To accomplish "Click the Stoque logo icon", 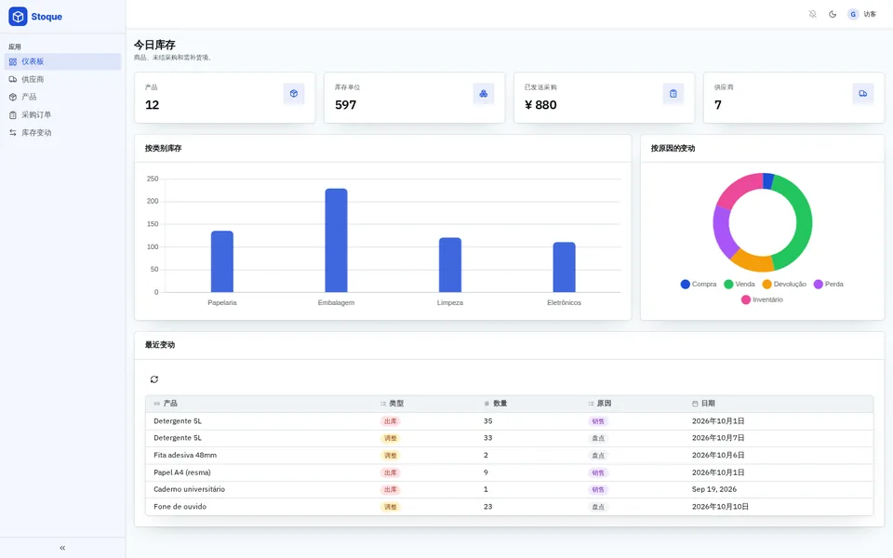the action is (18, 17).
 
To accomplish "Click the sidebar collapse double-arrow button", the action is (62, 548).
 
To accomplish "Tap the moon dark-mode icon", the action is (833, 14).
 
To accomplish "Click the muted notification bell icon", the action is (813, 14).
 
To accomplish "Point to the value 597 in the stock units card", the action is (346, 105).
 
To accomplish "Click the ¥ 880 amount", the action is (540, 105).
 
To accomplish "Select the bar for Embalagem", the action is (336, 240).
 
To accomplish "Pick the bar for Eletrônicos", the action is (565, 267).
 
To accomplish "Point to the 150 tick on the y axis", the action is (153, 224).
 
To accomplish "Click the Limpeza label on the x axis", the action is (450, 302).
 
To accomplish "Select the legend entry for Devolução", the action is (784, 285).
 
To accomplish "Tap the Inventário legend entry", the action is (762, 299).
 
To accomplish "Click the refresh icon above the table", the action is (154, 379).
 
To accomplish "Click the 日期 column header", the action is (708, 403).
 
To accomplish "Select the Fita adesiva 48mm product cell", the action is (185, 455).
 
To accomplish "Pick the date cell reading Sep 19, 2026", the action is (714, 489).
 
